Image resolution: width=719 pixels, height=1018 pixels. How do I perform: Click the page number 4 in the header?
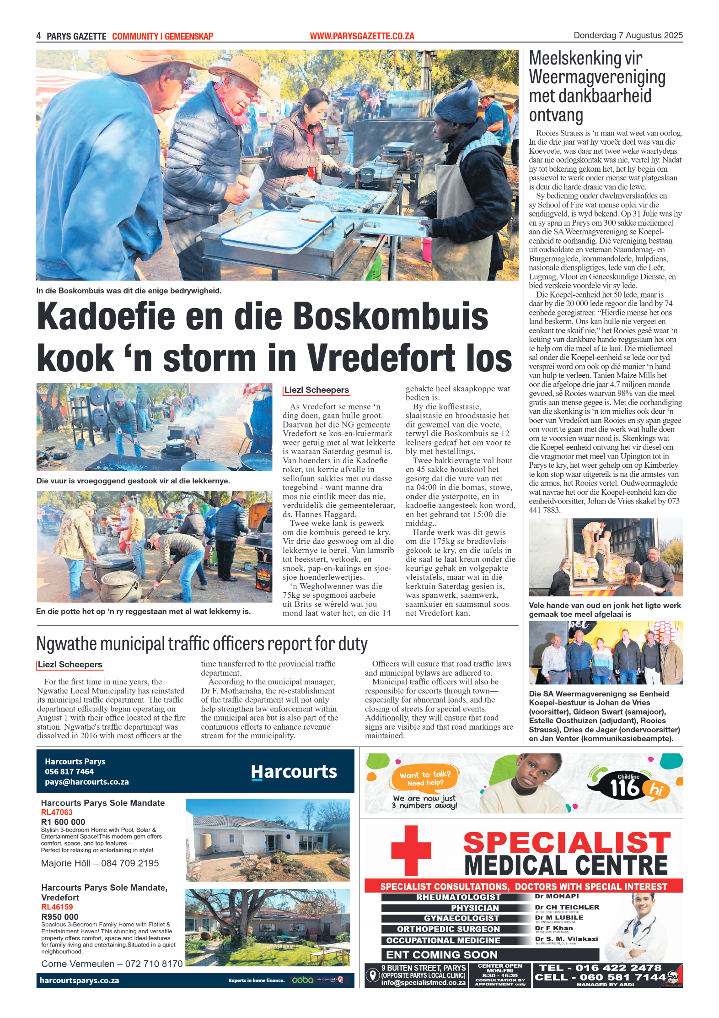[x=38, y=36]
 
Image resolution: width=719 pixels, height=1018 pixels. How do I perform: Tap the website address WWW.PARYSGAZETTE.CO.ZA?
[x=362, y=36]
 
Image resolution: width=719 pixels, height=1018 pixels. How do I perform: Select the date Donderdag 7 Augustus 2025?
[x=628, y=35]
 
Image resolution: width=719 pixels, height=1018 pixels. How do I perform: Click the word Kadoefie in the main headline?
[x=106, y=316]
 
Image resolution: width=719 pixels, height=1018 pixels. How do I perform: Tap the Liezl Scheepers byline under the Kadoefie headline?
[x=317, y=390]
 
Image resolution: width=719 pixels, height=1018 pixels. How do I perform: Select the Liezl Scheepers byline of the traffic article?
[x=70, y=665]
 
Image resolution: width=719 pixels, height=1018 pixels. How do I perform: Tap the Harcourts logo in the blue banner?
[x=294, y=772]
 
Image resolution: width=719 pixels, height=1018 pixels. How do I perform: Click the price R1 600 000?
[x=63, y=822]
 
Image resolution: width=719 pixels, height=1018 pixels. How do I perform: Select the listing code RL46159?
[x=57, y=907]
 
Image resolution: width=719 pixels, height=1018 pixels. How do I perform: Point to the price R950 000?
[x=60, y=917]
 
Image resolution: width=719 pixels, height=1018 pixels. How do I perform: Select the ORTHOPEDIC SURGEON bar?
[x=448, y=929]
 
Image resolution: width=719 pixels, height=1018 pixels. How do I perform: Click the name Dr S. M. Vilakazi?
[x=566, y=939]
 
